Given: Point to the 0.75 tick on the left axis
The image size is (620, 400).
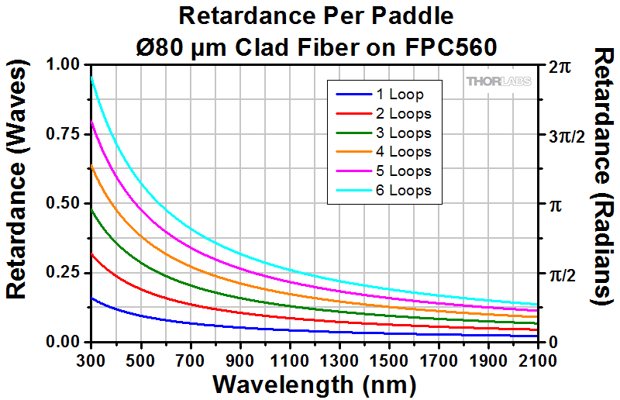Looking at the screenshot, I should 65,134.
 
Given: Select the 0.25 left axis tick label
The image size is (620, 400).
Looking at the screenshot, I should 65,273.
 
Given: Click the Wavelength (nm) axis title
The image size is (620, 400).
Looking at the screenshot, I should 315,384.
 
